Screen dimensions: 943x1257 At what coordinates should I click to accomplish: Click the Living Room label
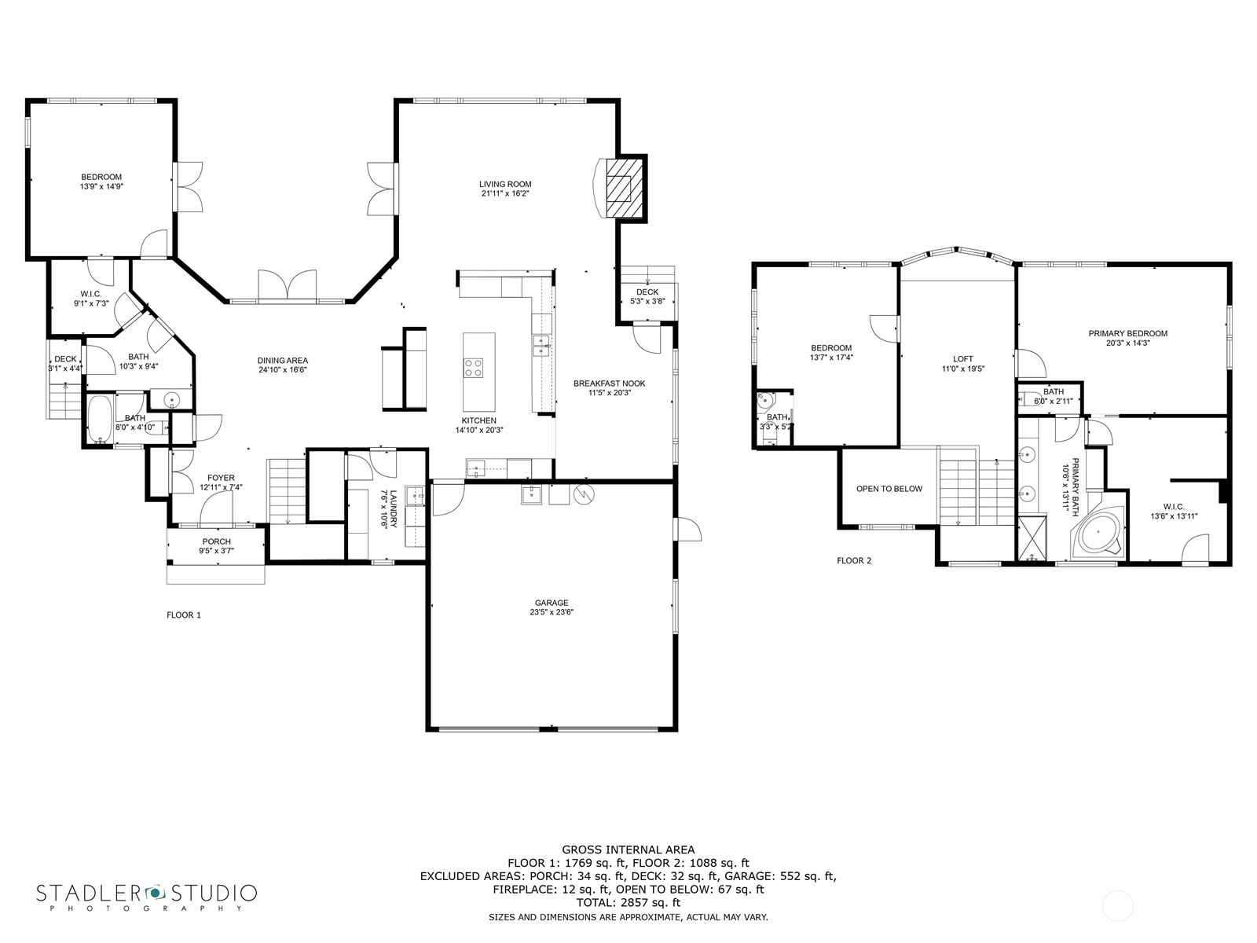coord(505,184)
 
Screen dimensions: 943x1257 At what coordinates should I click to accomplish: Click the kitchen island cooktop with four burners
coord(473,368)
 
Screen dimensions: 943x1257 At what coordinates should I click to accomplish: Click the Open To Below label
coord(889,489)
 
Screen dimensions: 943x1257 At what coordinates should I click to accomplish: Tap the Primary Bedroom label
coord(1127,333)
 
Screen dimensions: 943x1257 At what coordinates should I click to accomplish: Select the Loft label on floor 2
coord(962,359)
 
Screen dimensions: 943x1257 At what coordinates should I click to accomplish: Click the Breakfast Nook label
coord(609,383)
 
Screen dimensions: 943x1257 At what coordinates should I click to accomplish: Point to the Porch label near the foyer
coord(216,541)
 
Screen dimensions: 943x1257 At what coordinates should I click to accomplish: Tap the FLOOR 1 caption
coord(184,615)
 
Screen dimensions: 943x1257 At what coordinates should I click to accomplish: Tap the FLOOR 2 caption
coord(854,561)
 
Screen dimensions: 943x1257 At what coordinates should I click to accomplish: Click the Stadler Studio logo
coord(147,897)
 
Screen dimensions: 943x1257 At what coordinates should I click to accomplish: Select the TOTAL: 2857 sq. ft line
coord(628,903)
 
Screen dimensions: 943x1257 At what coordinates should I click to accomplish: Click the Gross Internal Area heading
coord(628,849)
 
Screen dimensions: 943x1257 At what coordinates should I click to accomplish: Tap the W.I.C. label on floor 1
coord(91,294)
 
